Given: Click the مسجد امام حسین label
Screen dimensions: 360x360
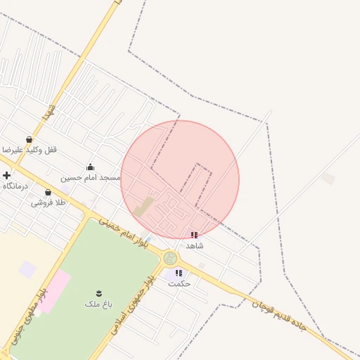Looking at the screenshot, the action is (90, 178).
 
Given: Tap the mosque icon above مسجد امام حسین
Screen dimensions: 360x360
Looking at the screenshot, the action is (90, 167).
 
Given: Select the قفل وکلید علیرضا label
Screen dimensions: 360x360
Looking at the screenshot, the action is (30, 150).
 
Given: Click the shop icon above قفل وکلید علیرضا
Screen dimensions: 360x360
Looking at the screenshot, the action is (29, 139).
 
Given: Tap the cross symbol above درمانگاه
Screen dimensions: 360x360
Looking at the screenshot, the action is (6, 175).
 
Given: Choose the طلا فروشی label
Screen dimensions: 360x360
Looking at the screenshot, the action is (48, 203).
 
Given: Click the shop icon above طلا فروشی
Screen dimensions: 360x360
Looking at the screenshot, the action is (48, 192).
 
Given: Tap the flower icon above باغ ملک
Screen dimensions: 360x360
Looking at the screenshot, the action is (98, 292).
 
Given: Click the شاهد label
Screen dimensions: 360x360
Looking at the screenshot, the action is (195, 246).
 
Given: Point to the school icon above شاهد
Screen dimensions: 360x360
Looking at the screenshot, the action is (194, 235).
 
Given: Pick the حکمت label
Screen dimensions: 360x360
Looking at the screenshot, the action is (179, 283).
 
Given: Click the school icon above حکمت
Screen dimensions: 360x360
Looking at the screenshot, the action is (179, 273).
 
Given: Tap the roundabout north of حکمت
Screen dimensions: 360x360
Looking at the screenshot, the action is (170, 258).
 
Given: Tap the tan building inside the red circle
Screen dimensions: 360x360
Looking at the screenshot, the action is (143, 207).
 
